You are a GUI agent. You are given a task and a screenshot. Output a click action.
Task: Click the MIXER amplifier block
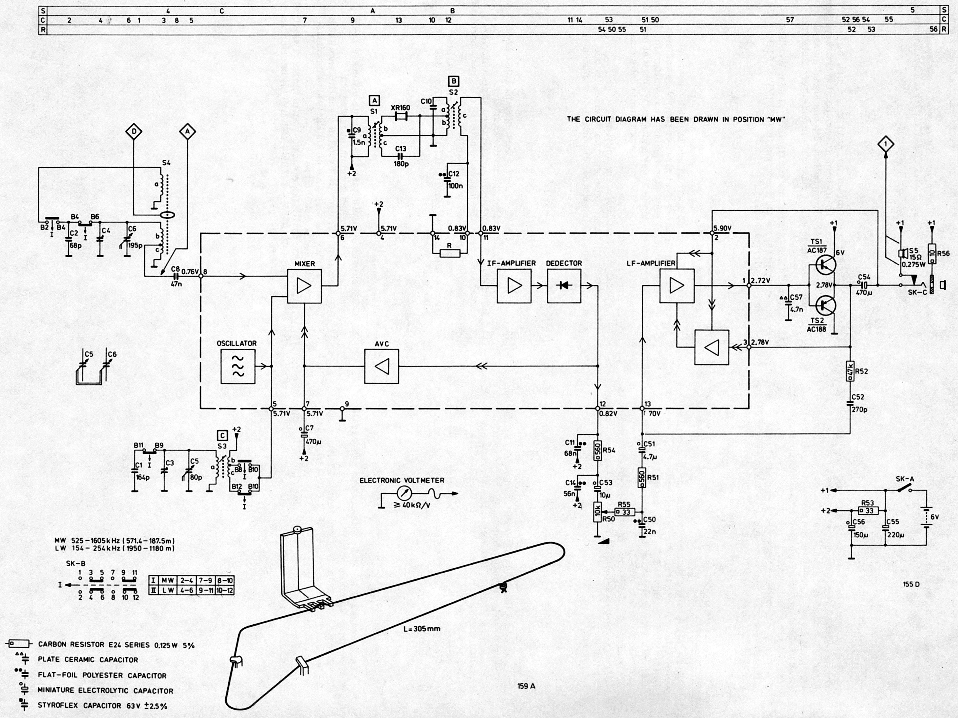tap(304, 286)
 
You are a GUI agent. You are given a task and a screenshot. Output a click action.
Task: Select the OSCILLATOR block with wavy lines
tap(238, 366)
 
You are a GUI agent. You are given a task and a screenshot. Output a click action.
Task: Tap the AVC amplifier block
tap(382, 366)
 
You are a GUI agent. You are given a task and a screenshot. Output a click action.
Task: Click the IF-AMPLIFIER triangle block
tap(514, 286)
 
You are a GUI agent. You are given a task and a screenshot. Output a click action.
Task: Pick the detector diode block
tap(564, 286)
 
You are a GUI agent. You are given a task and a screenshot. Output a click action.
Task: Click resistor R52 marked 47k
tap(850, 371)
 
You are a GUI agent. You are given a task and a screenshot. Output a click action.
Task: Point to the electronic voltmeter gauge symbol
tap(404, 493)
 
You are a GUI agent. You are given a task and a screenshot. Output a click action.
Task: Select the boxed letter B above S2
tap(453, 81)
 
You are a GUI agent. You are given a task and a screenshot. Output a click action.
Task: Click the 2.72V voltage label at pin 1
tap(761, 281)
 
